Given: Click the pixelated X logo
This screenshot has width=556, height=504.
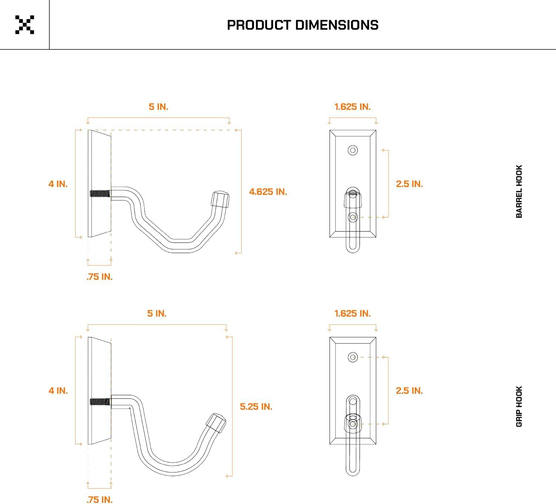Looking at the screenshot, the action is pyautogui.click(x=25, y=25).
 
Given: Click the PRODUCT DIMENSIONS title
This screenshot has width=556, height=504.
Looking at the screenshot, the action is pyautogui.click(x=303, y=25).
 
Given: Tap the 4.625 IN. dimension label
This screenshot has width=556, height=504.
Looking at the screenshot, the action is pyautogui.click(x=268, y=192).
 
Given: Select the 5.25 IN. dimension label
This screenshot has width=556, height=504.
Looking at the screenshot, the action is pyautogui.click(x=256, y=407).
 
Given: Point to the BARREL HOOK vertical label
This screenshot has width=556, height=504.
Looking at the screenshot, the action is pyautogui.click(x=519, y=191).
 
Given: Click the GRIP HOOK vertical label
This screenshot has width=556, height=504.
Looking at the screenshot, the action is pyautogui.click(x=519, y=406).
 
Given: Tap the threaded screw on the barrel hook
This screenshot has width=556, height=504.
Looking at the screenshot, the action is pyautogui.click(x=100, y=193).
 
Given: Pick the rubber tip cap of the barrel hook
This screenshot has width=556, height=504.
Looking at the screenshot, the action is pyautogui.click(x=220, y=200).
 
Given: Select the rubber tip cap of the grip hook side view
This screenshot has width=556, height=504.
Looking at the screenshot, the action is pyautogui.click(x=216, y=423).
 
